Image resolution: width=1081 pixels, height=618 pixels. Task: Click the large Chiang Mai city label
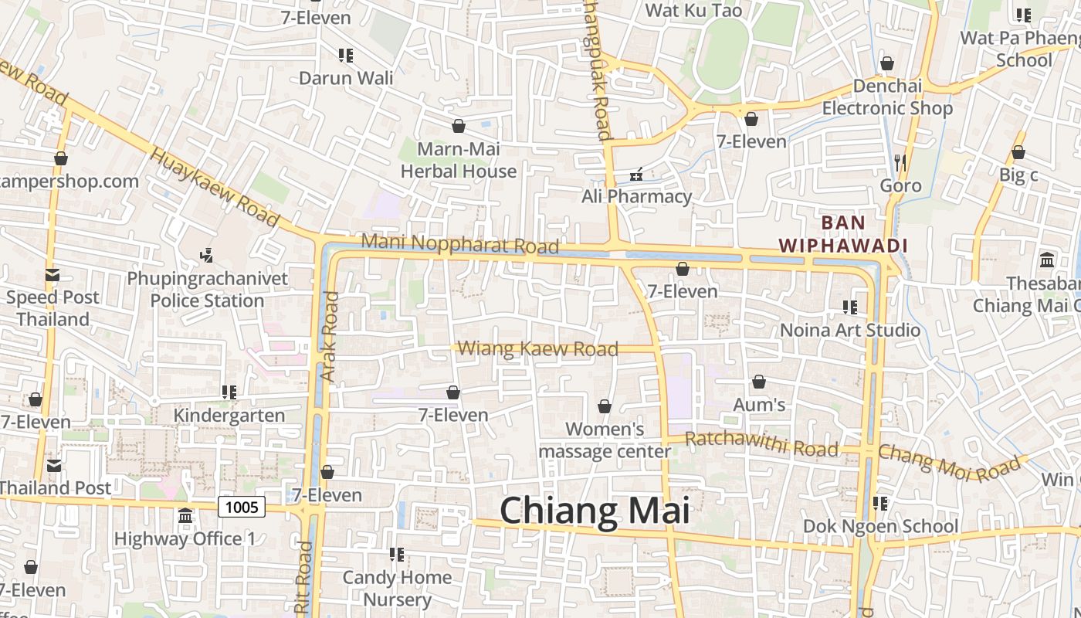(595, 511)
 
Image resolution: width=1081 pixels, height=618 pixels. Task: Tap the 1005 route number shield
(242, 507)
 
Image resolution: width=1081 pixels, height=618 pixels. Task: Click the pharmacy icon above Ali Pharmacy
(637, 175)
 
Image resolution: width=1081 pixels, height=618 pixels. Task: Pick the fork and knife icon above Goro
(900, 162)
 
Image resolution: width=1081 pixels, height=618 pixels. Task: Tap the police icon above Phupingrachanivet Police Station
(206, 255)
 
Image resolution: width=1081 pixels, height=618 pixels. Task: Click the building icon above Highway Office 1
(185, 515)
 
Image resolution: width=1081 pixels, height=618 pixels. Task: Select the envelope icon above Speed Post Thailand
(53, 274)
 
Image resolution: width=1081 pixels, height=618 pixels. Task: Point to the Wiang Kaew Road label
(538, 349)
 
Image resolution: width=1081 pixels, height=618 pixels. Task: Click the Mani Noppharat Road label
(460, 243)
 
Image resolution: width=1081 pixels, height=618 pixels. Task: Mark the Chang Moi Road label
(949, 460)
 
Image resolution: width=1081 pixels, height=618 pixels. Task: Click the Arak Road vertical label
(330, 336)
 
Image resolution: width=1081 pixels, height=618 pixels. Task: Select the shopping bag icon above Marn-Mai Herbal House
(459, 126)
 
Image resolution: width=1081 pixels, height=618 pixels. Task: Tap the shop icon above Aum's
(759, 382)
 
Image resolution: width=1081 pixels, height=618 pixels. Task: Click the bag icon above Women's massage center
(605, 406)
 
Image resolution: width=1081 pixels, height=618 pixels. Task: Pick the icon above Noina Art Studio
(850, 307)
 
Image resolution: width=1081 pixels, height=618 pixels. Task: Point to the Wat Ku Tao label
(693, 10)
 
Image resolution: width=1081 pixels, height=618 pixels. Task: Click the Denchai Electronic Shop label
(887, 97)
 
